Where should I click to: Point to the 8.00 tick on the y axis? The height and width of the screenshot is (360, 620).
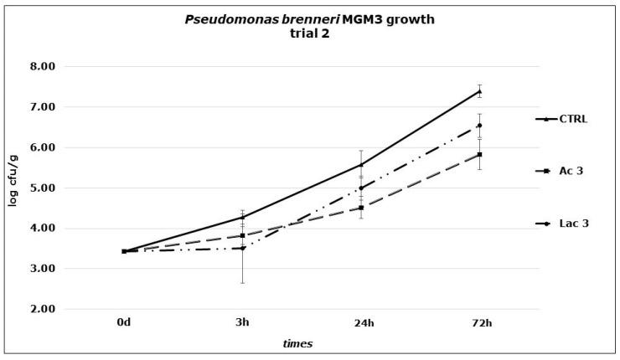[42, 67]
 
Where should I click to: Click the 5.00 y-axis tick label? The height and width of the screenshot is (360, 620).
[42, 188]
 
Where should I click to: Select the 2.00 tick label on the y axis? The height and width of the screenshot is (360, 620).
[42, 309]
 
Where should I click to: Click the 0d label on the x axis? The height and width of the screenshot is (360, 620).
[124, 321]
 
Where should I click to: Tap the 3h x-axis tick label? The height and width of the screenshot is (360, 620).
[242, 321]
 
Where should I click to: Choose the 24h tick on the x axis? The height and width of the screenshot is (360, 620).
[361, 321]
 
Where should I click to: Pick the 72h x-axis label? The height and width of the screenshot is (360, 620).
[479, 321]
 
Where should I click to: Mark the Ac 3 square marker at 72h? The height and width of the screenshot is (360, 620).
[479, 155]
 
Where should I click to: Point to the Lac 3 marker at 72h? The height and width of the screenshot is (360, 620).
[479, 126]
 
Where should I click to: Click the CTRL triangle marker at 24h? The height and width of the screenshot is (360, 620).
[361, 164]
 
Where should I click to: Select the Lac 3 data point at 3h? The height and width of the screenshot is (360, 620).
[242, 248]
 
